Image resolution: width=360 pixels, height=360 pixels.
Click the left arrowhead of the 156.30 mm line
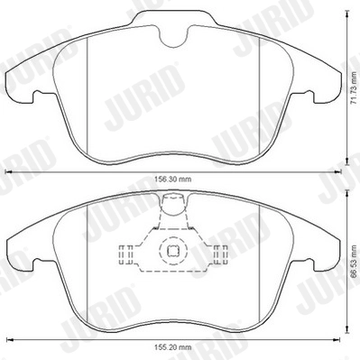[10, 171]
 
